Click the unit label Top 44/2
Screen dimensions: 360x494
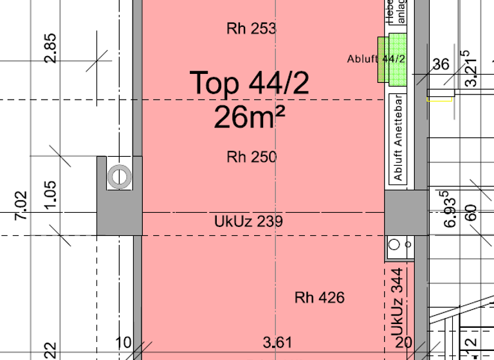click(250, 84)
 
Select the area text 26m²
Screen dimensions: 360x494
click(250, 118)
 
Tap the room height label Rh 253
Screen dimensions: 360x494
click(252, 28)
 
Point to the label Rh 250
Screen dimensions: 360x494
click(252, 157)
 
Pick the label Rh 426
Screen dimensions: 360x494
click(320, 298)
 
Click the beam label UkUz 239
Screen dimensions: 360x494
click(248, 222)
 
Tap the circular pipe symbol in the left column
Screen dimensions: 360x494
click(119, 176)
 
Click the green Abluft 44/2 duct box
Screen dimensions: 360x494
click(393, 59)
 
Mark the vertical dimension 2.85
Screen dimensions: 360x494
click(50, 48)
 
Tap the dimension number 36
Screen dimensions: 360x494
click(441, 64)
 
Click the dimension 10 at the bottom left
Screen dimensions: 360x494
click(123, 342)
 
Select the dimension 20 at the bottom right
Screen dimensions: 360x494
click(403, 342)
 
